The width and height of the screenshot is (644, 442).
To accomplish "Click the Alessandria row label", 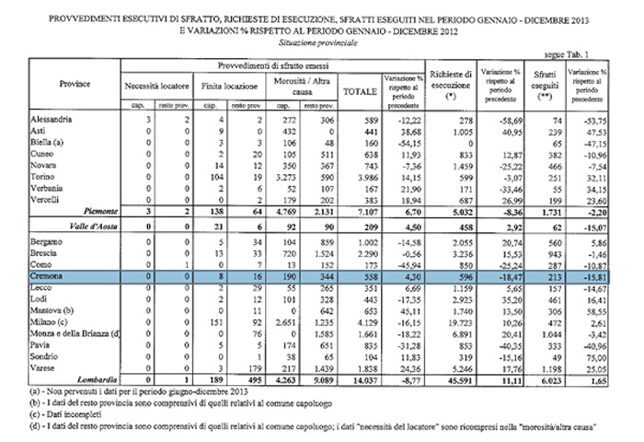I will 26,121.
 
